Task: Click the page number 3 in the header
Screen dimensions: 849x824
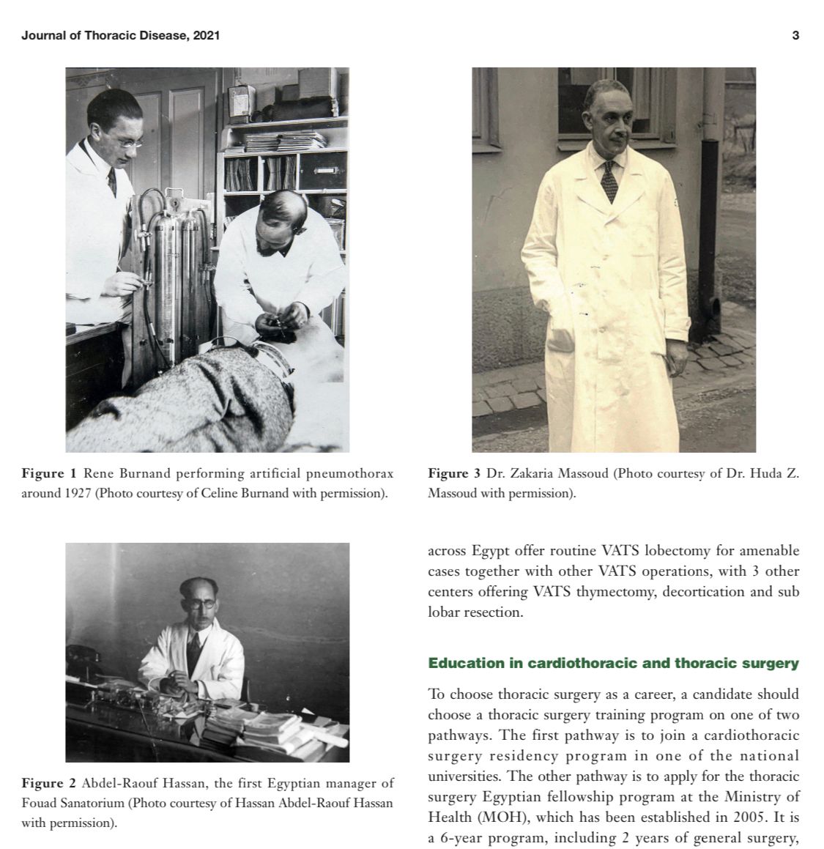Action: tap(795, 35)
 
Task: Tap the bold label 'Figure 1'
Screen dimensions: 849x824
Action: tap(48, 473)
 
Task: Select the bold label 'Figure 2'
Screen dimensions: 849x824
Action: tap(48, 783)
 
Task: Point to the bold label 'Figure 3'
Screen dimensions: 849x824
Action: tap(454, 473)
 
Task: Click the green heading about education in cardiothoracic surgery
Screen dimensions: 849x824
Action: tap(613, 664)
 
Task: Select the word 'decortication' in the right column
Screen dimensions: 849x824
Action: tap(702, 591)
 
